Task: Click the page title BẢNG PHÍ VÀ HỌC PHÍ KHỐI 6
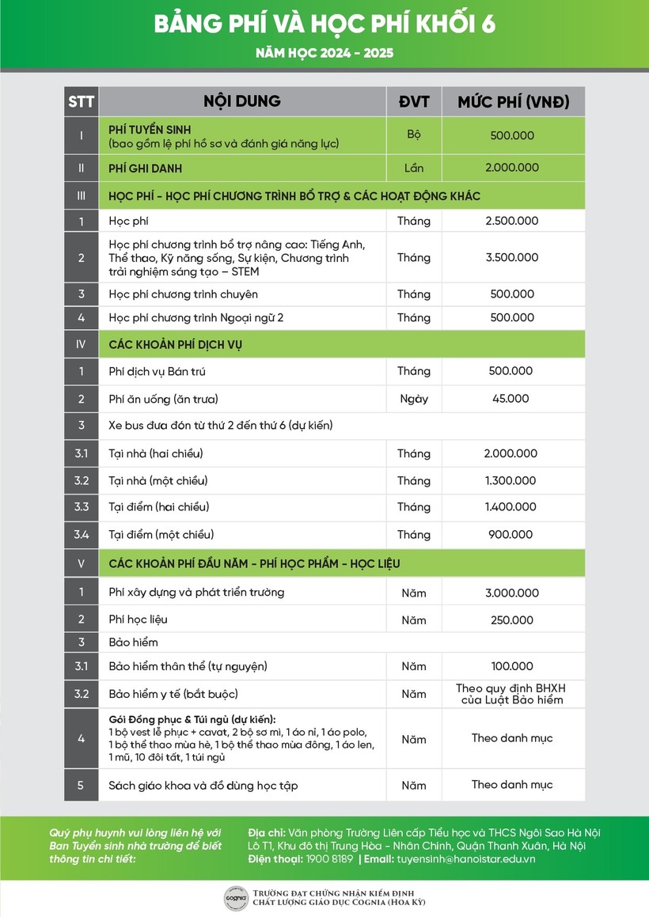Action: [324, 25]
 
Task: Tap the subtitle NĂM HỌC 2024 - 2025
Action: [324, 54]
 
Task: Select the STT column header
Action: [81, 102]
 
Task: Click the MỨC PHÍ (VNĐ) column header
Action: [514, 102]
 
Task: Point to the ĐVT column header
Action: [413, 102]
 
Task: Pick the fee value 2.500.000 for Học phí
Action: [511, 221]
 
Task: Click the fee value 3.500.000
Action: [511, 257]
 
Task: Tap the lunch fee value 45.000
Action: [510, 399]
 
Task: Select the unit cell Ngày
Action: [414, 399]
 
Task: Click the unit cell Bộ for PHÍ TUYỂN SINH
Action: [414, 135]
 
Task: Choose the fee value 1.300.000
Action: [510, 480]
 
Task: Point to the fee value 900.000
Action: [510, 535]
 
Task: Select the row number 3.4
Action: [82, 535]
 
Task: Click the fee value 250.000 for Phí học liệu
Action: [511, 620]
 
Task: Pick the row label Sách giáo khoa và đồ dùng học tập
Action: [203, 786]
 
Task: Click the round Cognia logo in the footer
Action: [234, 897]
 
